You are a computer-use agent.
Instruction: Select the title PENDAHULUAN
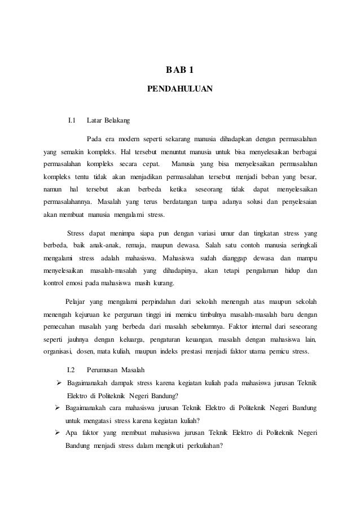180,89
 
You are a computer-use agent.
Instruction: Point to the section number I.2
72,370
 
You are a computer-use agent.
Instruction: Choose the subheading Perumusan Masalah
116,370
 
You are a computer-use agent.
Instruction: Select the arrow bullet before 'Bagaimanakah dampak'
58,383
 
